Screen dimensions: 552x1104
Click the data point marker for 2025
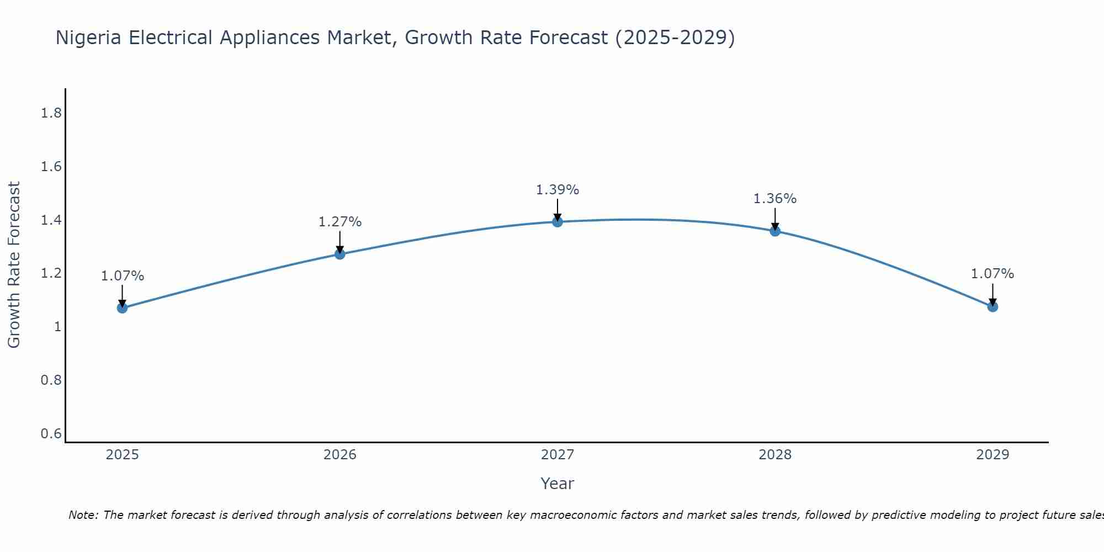[x=122, y=307]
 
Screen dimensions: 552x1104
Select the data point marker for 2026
[x=339, y=254]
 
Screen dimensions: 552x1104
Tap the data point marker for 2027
[x=558, y=222]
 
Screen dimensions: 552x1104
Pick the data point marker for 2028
[x=775, y=231]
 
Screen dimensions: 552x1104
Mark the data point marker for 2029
[x=992, y=306]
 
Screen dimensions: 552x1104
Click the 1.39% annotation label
[x=558, y=190]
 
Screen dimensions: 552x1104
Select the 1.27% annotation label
[x=339, y=222]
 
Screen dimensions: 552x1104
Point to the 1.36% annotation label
[x=775, y=199]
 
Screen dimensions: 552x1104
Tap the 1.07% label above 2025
[x=122, y=276]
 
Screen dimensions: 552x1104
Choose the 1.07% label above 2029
[x=992, y=274]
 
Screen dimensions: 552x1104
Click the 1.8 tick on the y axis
[x=51, y=113]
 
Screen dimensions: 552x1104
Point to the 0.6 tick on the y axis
[x=51, y=434]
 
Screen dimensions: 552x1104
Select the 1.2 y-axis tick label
[x=51, y=274]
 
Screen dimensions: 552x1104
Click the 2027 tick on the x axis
[x=558, y=455]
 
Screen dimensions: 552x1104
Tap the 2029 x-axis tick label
[x=992, y=455]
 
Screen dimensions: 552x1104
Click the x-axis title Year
[x=558, y=484]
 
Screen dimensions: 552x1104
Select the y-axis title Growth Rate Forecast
[x=14, y=265]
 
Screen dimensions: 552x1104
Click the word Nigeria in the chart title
[x=89, y=38]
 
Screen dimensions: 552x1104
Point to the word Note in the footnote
[x=83, y=515]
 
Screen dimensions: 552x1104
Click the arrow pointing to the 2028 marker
[x=775, y=219]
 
